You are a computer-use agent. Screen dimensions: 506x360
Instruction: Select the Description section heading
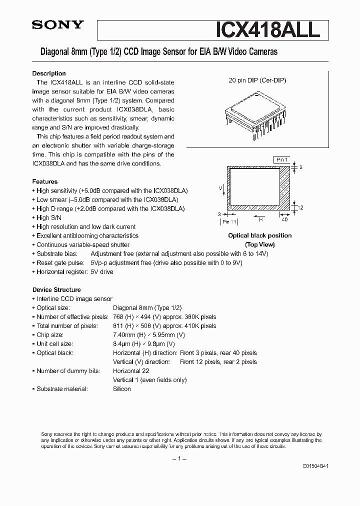coord(49,73)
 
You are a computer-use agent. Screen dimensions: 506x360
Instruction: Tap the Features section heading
coord(45,181)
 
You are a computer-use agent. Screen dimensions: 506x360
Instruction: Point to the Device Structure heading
coord(56,289)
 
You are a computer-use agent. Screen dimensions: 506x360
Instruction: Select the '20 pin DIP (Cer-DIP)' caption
coord(257,80)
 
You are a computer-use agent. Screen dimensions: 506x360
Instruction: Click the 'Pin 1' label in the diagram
coord(282,159)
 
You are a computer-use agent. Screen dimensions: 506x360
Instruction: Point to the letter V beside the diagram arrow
coord(220,187)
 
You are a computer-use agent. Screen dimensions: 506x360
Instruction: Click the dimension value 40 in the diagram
coord(285,219)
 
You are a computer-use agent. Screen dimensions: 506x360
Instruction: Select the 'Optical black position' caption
coord(259,235)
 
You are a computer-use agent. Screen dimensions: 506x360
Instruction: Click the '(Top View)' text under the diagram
coord(259,244)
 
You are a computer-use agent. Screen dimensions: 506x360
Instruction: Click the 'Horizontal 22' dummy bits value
coord(131,371)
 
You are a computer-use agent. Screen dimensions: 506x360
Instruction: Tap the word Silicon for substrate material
coord(122,389)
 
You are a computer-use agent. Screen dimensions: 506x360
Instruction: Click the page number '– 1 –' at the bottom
coord(179,458)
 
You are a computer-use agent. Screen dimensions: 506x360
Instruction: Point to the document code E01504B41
coord(315,465)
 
